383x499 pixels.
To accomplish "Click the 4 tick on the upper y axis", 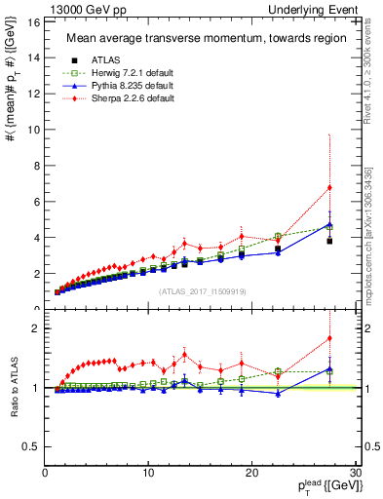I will click(37, 238).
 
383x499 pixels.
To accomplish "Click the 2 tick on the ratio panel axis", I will click(37, 328).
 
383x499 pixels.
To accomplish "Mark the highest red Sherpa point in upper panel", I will click(329, 187).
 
